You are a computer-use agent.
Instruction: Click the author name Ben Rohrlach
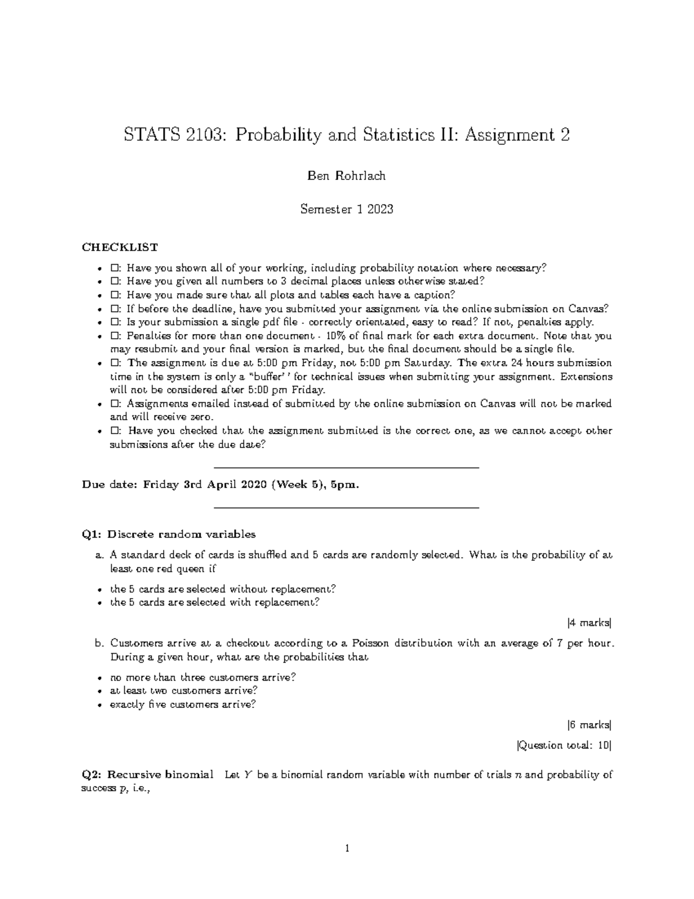(346, 176)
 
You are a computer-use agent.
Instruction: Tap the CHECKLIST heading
(120, 247)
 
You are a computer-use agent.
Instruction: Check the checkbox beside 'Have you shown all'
(115, 268)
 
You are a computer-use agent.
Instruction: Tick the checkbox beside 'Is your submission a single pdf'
(115, 322)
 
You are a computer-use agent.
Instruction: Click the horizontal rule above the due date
(346, 467)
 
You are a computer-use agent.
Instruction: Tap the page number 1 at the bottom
(347, 849)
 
